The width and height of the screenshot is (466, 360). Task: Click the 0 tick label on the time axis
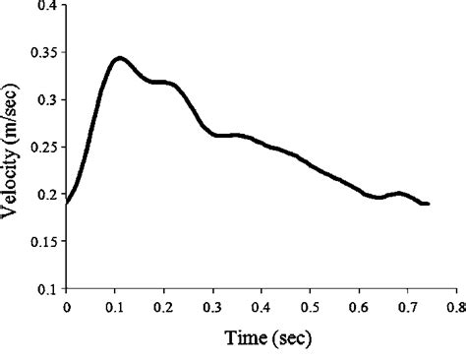[x=66, y=306]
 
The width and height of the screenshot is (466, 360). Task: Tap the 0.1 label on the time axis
[x=114, y=306]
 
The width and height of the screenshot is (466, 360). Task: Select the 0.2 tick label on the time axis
[x=163, y=306]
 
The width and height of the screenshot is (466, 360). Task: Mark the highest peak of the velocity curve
[x=119, y=58]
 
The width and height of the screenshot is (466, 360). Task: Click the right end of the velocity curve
[x=428, y=204]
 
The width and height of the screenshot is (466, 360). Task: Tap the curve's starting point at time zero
[x=67, y=203]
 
